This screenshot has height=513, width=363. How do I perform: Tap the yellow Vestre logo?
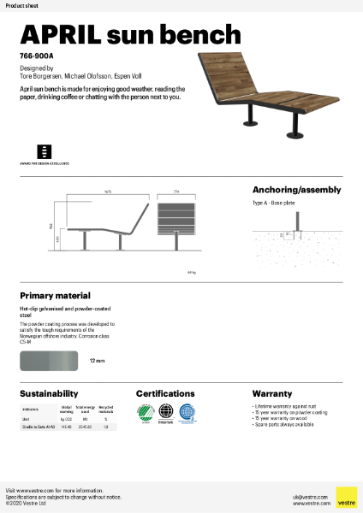pyautogui.click(x=346, y=497)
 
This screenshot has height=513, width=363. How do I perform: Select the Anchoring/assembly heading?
pyautogui.click(x=296, y=190)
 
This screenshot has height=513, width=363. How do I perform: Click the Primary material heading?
pyautogui.click(x=57, y=294)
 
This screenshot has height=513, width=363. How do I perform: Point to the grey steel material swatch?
pyautogui.click(x=50, y=362)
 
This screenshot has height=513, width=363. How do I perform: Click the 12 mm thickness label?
pyautogui.click(x=98, y=362)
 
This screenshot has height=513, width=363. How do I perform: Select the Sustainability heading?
pyautogui.click(x=49, y=393)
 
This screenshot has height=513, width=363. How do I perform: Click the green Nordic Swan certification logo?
pyautogui.click(x=146, y=414)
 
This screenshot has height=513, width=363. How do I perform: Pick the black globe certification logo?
pyautogui.click(x=167, y=414)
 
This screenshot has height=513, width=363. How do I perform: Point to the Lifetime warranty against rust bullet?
pyautogui.click(x=288, y=406)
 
